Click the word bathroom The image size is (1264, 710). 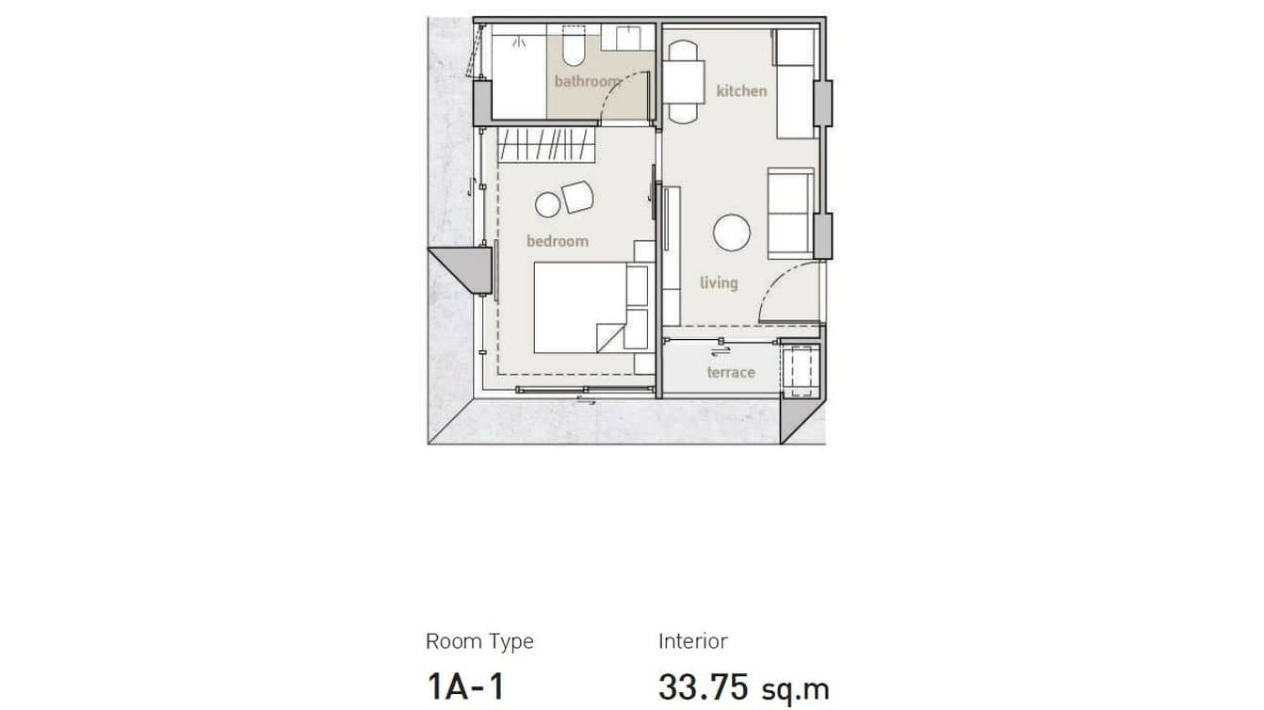pos(587,81)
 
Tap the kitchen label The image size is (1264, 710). pos(741,90)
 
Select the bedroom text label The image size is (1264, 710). pos(557,241)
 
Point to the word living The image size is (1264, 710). pos(719,282)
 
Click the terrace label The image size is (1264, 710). pos(731,372)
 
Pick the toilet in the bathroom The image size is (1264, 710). pos(573,47)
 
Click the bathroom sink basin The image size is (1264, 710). pos(624,38)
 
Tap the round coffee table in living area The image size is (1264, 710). pos(731,233)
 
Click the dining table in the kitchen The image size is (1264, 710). pos(684,81)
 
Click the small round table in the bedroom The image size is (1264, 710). pos(546,203)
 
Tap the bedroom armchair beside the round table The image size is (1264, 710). pos(577,196)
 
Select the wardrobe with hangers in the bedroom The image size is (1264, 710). pos(546,145)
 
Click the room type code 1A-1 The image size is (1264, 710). pos(465,686)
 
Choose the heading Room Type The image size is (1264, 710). pos(479,641)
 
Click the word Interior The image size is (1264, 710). pos(692,641)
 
